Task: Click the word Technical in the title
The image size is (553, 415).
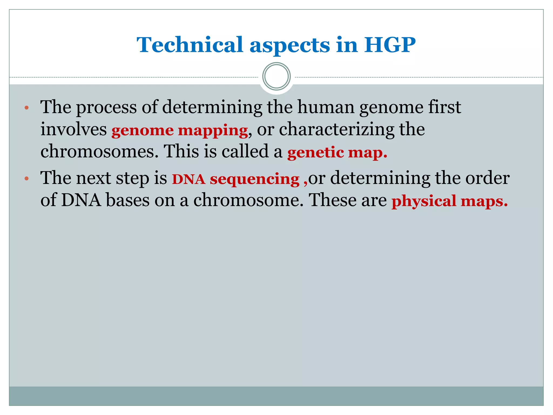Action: coord(190,45)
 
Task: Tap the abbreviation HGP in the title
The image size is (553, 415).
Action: coord(390,45)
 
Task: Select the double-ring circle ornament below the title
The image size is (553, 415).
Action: coord(276,76)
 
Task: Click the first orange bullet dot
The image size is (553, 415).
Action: coord(26,108)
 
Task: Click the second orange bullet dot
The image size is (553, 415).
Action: coord(26,179)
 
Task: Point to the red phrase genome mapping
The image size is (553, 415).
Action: coord(180,130)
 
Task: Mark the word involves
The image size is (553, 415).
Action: coord(73,129)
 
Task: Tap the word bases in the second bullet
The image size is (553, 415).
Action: coord(127,201)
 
